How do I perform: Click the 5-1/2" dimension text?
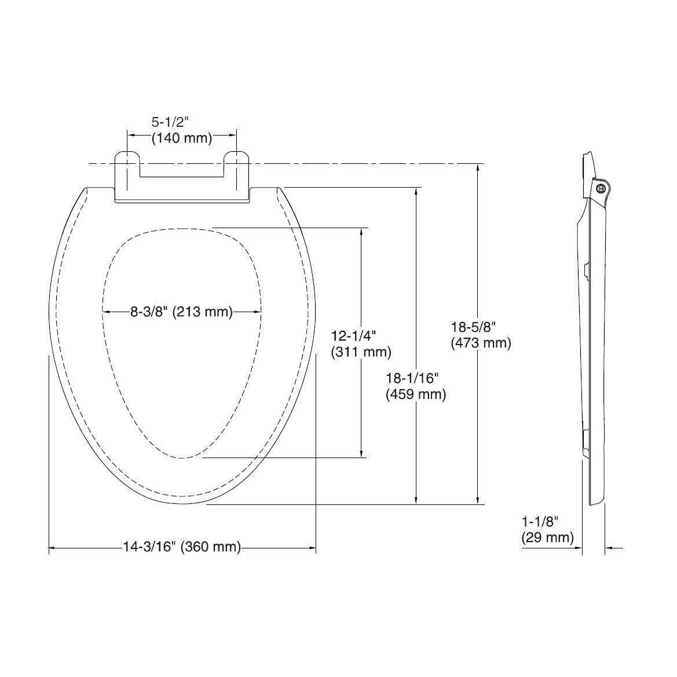171,122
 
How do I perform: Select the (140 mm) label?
182,138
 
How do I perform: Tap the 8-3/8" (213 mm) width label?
181,312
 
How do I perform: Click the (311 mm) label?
361,352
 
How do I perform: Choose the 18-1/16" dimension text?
412,378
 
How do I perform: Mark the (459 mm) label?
416,394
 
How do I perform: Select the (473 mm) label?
481,343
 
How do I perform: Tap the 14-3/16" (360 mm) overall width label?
182,547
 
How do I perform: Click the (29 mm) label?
547,537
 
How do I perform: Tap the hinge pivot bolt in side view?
601,188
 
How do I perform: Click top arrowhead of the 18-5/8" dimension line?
477,169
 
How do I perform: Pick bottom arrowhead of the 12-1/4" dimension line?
362,453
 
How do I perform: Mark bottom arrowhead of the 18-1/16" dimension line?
416,500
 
